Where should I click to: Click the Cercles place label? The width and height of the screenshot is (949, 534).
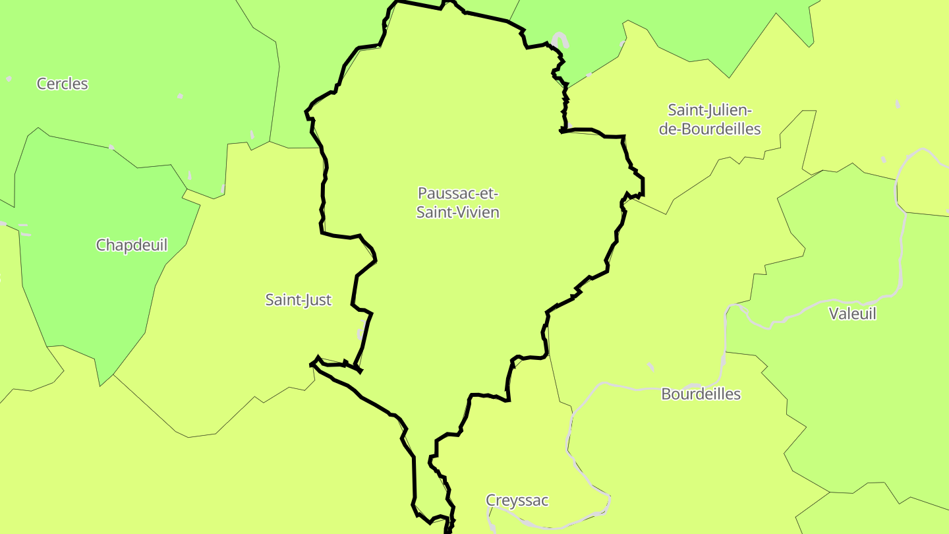[62, 84]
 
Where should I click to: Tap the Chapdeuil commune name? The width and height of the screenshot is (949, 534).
[132, 245]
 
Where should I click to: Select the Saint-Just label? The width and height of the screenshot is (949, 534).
[298, 300]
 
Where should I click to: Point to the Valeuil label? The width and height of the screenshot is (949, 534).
[852, 314]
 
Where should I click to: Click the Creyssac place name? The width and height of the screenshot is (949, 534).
[517, 500]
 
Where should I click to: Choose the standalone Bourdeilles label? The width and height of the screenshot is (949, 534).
[701, 394]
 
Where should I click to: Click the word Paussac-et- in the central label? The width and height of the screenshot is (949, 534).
[458, 194]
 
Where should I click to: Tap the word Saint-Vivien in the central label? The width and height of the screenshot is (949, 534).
[458, 212]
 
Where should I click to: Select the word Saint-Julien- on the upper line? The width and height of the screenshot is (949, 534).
[710, 109]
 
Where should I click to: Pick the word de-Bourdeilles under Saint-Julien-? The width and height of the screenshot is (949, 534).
[710, 129]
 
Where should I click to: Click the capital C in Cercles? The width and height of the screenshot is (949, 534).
[42, 84]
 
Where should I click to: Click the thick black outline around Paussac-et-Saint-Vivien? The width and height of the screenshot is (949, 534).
[323, 198]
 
